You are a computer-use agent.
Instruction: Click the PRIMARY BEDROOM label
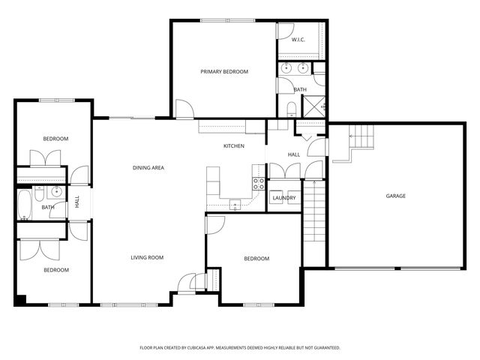pos(224,72)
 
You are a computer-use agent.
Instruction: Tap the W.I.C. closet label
pos(298,40)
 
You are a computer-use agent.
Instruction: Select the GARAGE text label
pos(395,196)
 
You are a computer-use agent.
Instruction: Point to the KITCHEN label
pos(233,145)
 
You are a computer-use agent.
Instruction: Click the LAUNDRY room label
pos(283,198)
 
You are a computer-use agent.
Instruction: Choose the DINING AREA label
pos(148,167)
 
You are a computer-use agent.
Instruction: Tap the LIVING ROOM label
pos(147,257)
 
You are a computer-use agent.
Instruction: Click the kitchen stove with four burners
pos(259,183)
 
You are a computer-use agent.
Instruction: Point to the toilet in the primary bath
pos(291,109)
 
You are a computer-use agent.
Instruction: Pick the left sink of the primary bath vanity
pos(286,69)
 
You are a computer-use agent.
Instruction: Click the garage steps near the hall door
pos(363,138)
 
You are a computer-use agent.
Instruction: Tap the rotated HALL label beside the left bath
pos(77,202)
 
